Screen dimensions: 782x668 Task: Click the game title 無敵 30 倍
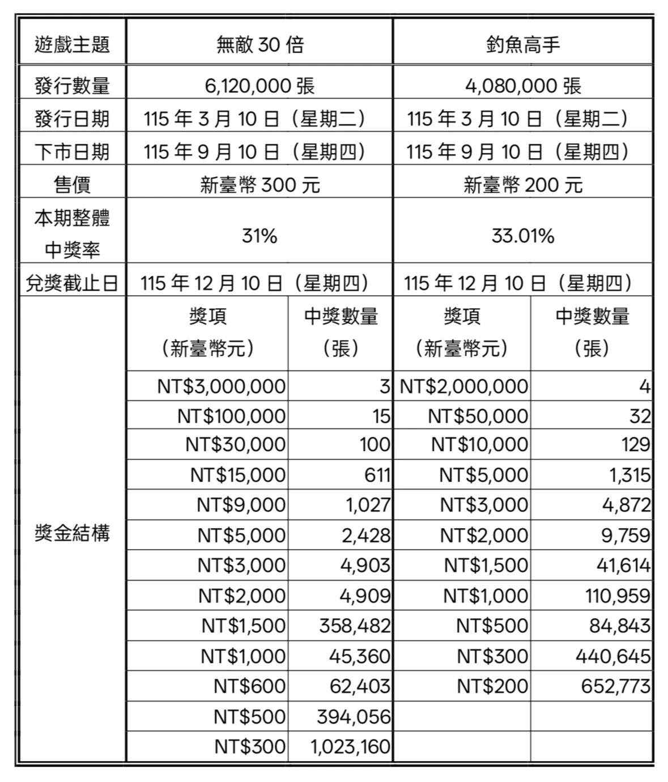[x=259, y=44]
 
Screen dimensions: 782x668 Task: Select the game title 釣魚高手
[x=522, y=44]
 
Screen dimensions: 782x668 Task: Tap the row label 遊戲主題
[x=72, y=44]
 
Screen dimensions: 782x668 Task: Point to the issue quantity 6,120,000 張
[x=259, y=86]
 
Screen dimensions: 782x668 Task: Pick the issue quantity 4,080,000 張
[x=522, y=86]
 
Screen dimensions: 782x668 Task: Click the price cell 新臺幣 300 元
[x=259, y=185]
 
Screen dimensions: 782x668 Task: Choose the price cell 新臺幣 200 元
[x=522, y=185]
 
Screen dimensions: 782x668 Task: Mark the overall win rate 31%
[x=259, y=236]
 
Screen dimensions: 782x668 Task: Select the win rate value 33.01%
[x=522, y=236]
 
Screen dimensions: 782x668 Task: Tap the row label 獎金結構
[x=72, y=533]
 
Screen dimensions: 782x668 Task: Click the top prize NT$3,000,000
[x=222, y=386]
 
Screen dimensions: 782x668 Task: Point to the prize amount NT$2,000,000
[x=464, y=386]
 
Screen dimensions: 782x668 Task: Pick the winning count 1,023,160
[x=350, y=746]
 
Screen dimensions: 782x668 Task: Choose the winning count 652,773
[x=615, y=686]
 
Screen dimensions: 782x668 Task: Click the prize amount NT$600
[x=249, y=686]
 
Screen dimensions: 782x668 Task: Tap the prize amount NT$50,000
[x=478, y=416]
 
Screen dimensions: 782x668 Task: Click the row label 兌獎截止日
[x=72, y=283]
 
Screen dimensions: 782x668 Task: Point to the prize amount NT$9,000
[x=241, y=505]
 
